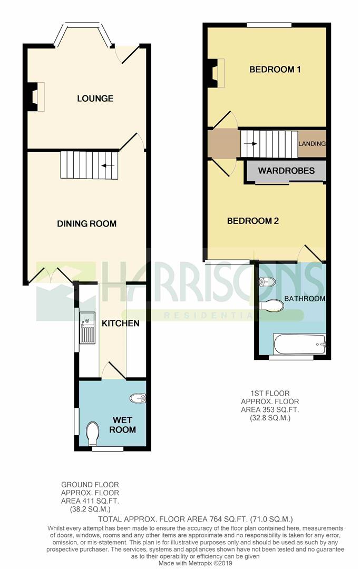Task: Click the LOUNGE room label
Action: click(95, 99)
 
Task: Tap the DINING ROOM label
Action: click(86, 224)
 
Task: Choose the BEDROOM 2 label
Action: click(252, 221)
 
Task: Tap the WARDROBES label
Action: click(286, 171)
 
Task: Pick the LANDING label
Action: click(312, 143)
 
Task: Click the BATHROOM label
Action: click(304, 299)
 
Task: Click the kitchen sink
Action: click(87, 328)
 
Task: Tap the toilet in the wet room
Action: click(92, 434)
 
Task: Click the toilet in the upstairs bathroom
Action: click(271, 305)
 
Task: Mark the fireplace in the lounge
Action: click(36, 97)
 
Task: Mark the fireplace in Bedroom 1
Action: click(216, 72)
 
